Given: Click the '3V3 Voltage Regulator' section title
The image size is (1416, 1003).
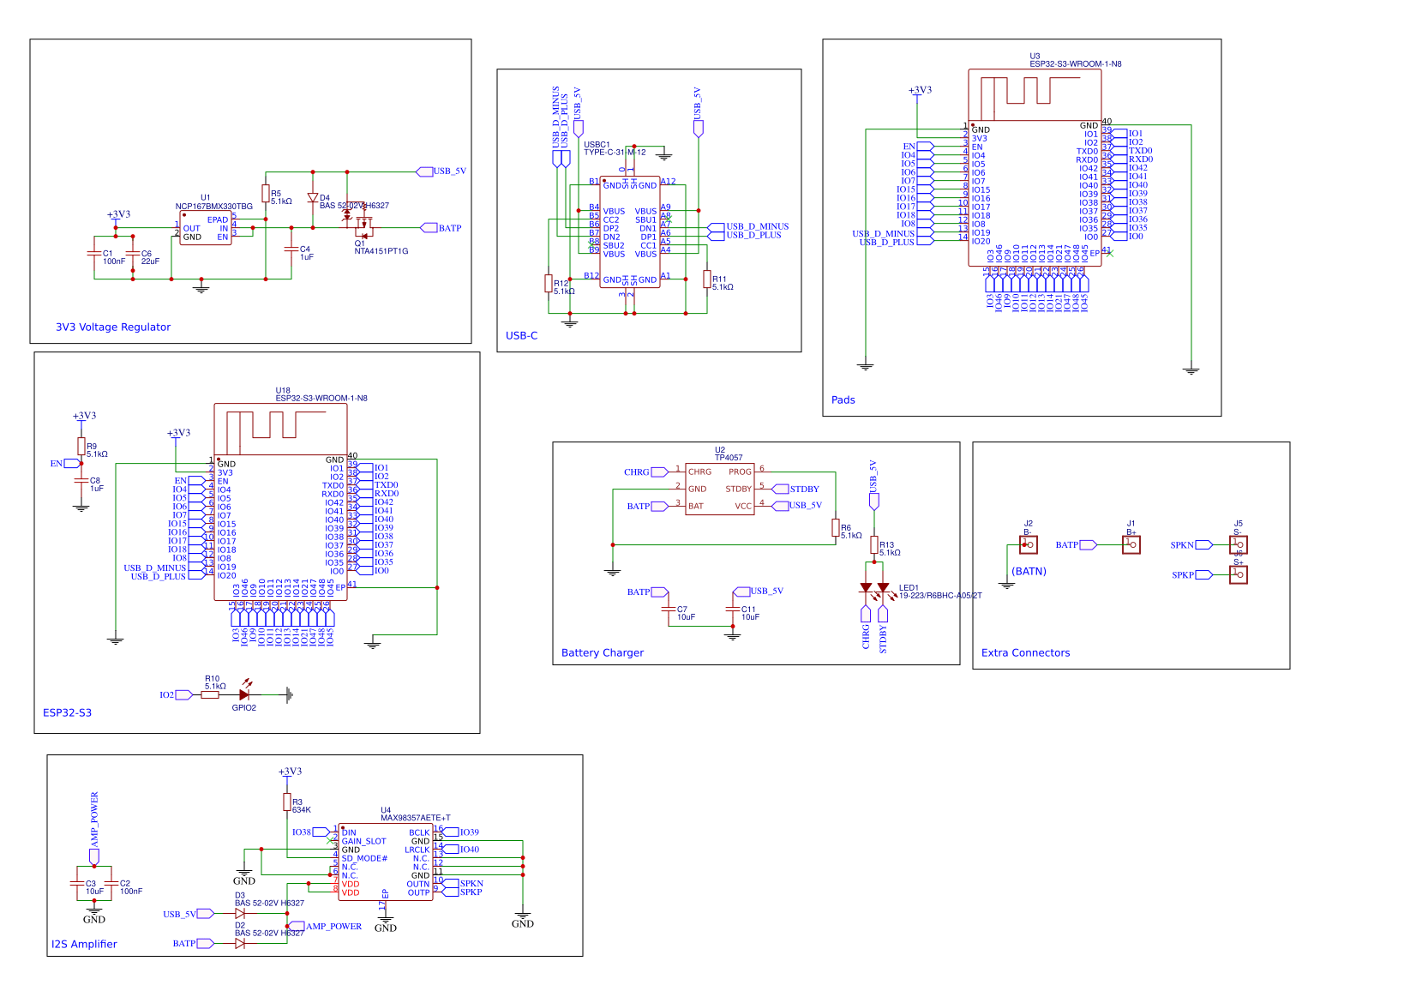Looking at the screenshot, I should click(113, 327).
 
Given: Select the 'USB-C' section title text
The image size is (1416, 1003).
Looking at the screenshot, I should click(521, 336).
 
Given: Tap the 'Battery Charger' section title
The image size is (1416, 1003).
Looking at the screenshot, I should click(602, 653).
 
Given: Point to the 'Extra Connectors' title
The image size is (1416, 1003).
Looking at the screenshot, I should click(1025, 653).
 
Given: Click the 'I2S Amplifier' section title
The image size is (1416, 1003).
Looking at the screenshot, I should click(84, 945).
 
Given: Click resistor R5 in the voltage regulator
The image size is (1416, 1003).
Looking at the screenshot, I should click(266, 194).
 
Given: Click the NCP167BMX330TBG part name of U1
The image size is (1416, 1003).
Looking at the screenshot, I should click(214, 207).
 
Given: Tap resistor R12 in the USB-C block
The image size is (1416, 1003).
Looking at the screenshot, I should click(549, 284).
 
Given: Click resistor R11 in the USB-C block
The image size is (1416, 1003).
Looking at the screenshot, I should click(707, 279).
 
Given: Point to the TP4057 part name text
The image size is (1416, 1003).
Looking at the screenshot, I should click(729, 458).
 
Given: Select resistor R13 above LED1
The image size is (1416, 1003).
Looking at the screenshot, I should click(874, 545).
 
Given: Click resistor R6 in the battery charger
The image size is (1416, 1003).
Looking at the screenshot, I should click(836, 528).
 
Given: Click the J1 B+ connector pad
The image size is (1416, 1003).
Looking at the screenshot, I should click(1131, 545).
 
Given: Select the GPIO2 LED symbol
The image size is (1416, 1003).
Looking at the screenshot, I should click(245, 695).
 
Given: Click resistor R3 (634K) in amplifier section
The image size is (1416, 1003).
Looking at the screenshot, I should click(287, 802).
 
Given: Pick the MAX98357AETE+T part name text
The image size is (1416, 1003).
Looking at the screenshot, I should click(416, 818).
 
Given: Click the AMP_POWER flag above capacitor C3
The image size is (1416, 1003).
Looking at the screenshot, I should click(94, 827).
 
